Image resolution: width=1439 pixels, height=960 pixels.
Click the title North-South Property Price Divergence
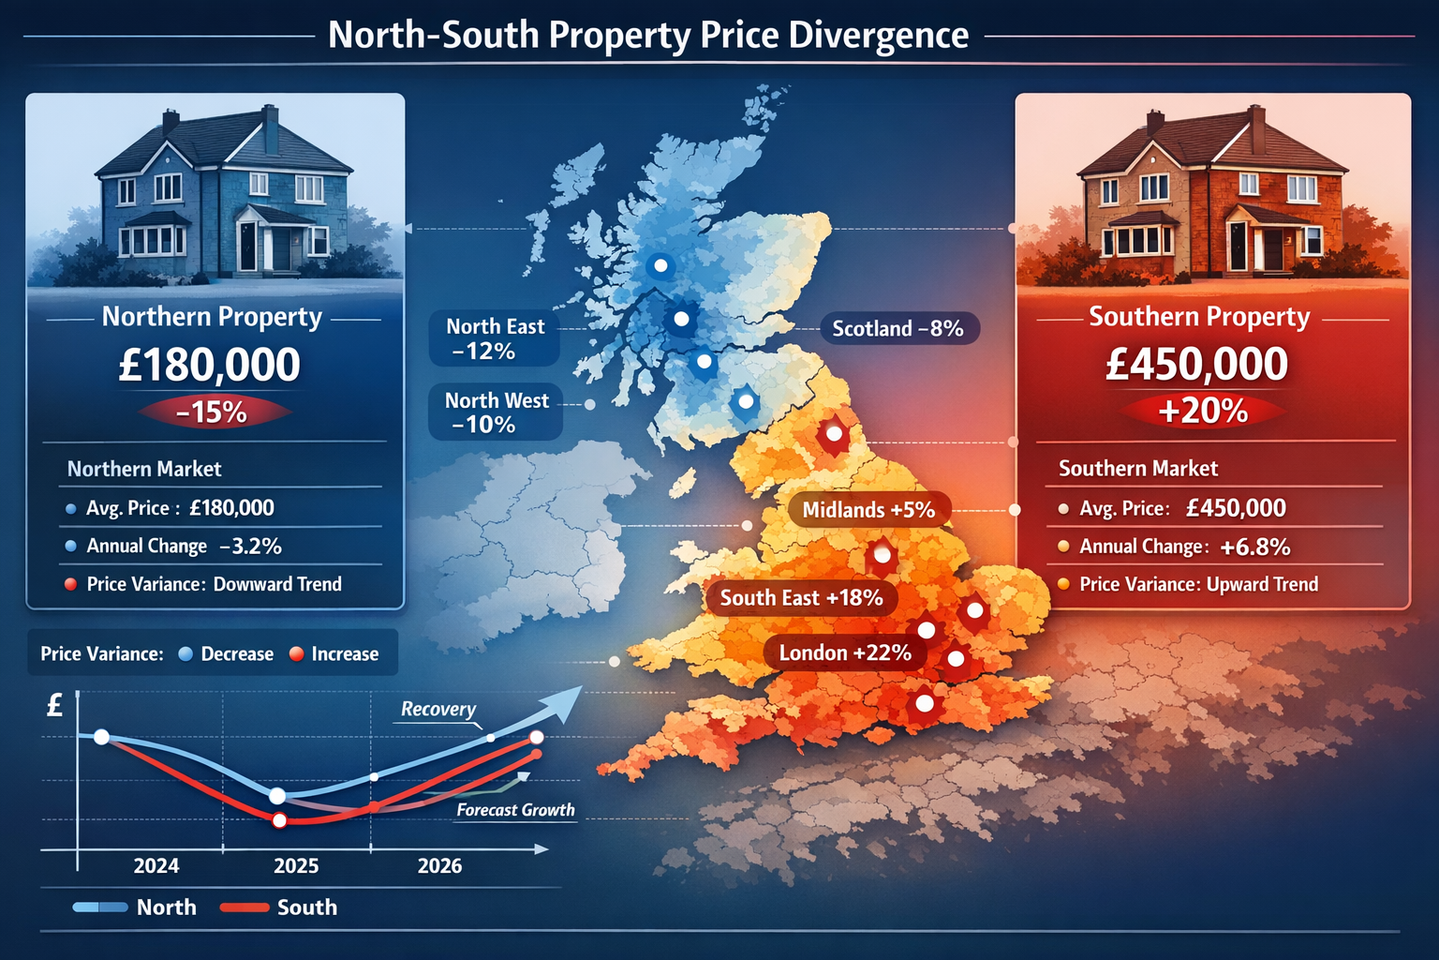648,36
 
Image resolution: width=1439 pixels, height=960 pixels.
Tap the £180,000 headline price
210,365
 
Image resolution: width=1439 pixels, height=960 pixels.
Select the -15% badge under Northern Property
212,412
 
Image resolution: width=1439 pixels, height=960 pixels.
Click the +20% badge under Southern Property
1203,411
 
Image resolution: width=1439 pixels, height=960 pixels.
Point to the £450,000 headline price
1197,364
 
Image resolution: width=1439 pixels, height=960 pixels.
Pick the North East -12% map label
494,338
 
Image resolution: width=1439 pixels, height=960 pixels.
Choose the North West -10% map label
496,412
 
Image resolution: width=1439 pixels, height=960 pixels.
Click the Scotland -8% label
898,328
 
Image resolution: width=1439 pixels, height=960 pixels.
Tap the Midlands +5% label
868,510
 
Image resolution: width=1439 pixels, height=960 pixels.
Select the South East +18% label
801,598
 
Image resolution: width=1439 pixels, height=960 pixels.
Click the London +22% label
845,652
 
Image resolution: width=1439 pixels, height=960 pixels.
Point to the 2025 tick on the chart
296,865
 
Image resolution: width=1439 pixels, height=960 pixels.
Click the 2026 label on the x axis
439,865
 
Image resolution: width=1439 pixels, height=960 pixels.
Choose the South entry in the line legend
306,907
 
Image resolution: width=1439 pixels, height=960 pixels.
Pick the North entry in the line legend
166,907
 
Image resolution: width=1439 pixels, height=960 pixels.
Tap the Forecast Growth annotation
515,810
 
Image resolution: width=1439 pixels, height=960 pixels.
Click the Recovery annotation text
438,709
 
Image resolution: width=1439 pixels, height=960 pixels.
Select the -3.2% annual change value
250,546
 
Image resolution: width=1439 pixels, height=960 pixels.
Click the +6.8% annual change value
1255,547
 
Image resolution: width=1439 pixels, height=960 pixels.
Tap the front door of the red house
1272,248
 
